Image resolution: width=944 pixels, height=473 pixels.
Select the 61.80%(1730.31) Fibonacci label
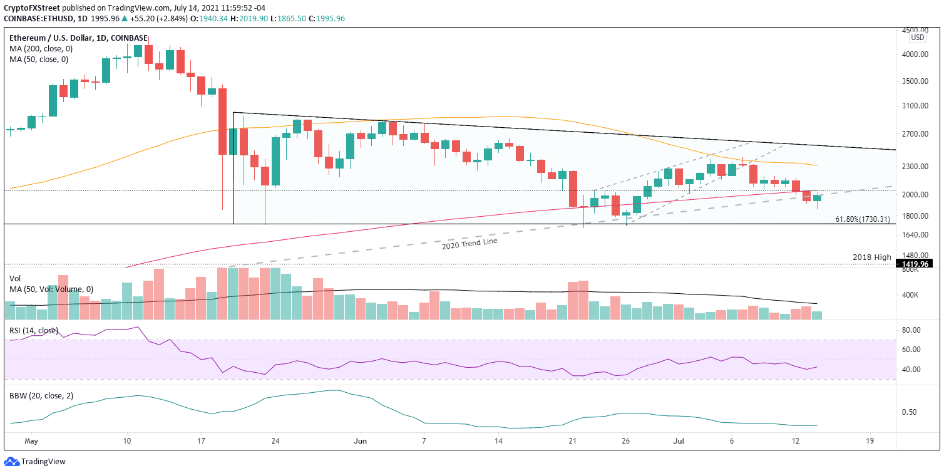pyautogui.click(x=863, y=219)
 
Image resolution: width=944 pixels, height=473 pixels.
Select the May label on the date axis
pyautogui.click(x=30, y=441)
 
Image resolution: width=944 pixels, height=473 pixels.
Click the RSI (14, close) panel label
pyautogui.click(x=34, y=330)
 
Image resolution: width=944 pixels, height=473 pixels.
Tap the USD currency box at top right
pyautogui.click(x=917, y=37)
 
